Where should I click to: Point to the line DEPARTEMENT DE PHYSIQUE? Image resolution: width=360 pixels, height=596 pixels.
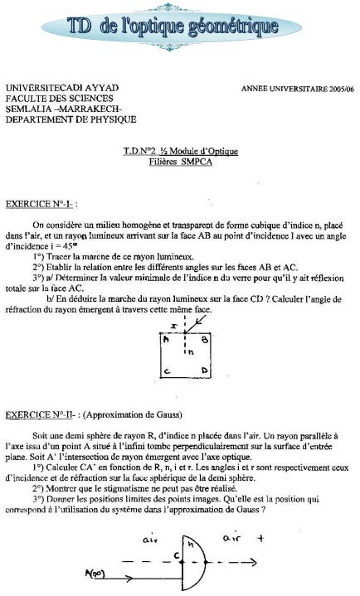click(x=71, y=119)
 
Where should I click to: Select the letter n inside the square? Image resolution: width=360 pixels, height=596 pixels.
click(x=190, y=351)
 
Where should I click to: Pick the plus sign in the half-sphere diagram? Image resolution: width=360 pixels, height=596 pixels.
click(x=287, y=537)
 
